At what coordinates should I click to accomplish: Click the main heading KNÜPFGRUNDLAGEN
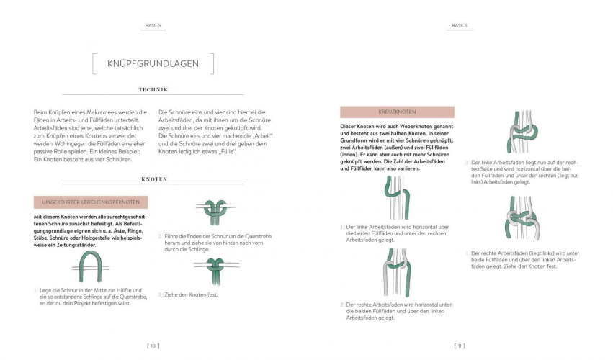153,63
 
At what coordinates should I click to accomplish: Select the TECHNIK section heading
153,90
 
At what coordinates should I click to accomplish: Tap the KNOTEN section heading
153,179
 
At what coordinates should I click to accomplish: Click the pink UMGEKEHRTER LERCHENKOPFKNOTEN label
91,202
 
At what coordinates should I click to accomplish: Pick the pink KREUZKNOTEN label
397,112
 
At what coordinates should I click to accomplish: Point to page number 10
153,346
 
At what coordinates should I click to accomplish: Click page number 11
460,346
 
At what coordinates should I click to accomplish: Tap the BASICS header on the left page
153,25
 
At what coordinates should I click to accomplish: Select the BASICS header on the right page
460,25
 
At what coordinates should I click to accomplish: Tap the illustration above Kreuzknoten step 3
521,133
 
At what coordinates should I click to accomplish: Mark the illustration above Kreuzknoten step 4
521,219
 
